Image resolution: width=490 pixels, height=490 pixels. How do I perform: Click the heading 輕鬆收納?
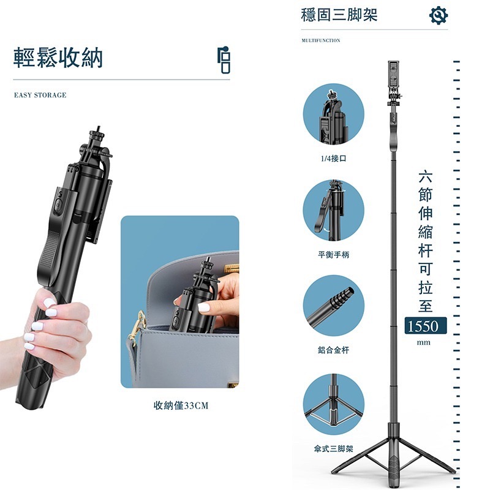(59, 58)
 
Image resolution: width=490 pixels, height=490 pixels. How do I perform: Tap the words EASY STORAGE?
(40, 96)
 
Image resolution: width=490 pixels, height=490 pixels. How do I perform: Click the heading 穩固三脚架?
(339, 15)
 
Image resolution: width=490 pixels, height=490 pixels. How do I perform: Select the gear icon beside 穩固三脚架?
(439, 15)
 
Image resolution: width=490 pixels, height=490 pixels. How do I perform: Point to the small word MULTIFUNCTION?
(321, 40)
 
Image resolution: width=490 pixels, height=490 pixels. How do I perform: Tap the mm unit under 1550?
(423, 342)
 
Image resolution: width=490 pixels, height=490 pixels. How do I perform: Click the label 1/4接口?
(333, 158)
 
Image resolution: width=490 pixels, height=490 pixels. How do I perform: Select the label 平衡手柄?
(333, 254)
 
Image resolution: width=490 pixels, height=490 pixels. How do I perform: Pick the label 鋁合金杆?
(333, 350)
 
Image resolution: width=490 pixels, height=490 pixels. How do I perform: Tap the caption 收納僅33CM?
(181, 405)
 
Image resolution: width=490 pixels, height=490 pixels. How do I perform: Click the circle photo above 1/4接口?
(334, 115)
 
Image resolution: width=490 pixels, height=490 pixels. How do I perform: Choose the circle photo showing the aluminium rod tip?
(334, 305)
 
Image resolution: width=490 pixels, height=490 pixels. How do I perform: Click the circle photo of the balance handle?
(334, 209)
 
